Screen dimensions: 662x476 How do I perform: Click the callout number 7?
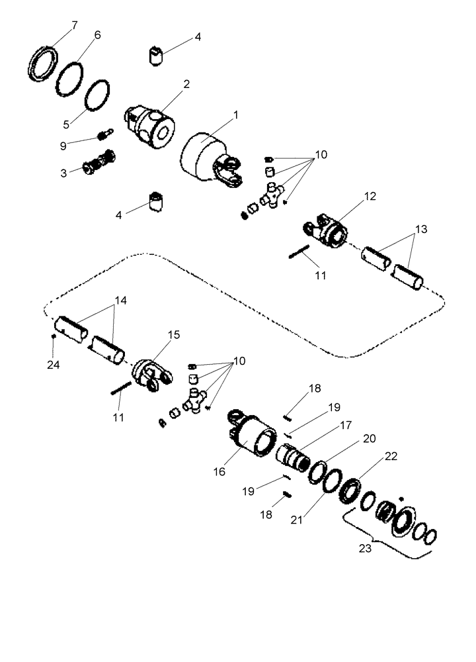click(x=74, y=25)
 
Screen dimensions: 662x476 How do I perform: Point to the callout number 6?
click(x=97, y=35)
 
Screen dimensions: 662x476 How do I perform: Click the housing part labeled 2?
click(x=153, y=123)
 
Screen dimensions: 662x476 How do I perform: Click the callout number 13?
click(x=420, y=229)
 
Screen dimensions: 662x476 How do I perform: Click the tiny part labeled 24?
click(x=54, y=336)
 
